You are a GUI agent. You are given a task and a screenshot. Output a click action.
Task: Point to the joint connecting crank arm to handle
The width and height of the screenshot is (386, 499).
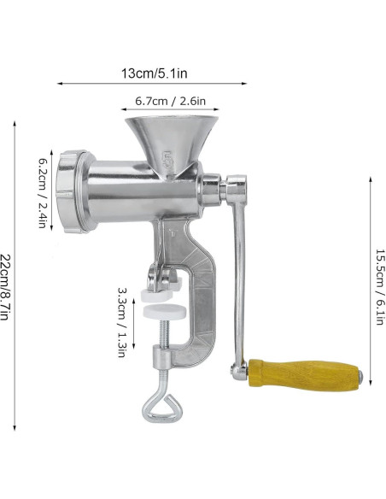coord(237,369)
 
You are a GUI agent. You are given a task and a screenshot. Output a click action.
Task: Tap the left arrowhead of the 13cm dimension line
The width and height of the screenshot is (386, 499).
coord(59,84)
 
